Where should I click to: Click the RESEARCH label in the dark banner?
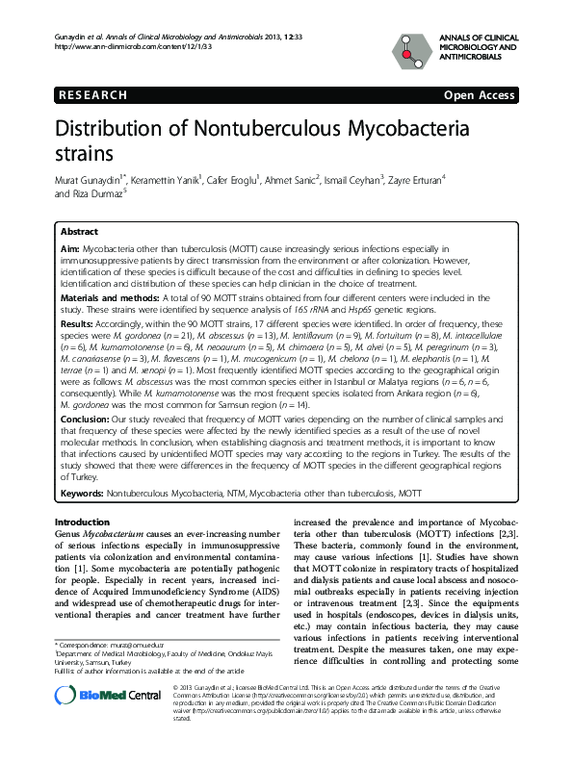(93, 95)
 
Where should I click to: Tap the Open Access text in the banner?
(479, 95)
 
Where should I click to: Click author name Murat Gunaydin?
(82, 179)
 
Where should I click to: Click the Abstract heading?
(79, 232)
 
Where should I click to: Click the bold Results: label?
(76, 325)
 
